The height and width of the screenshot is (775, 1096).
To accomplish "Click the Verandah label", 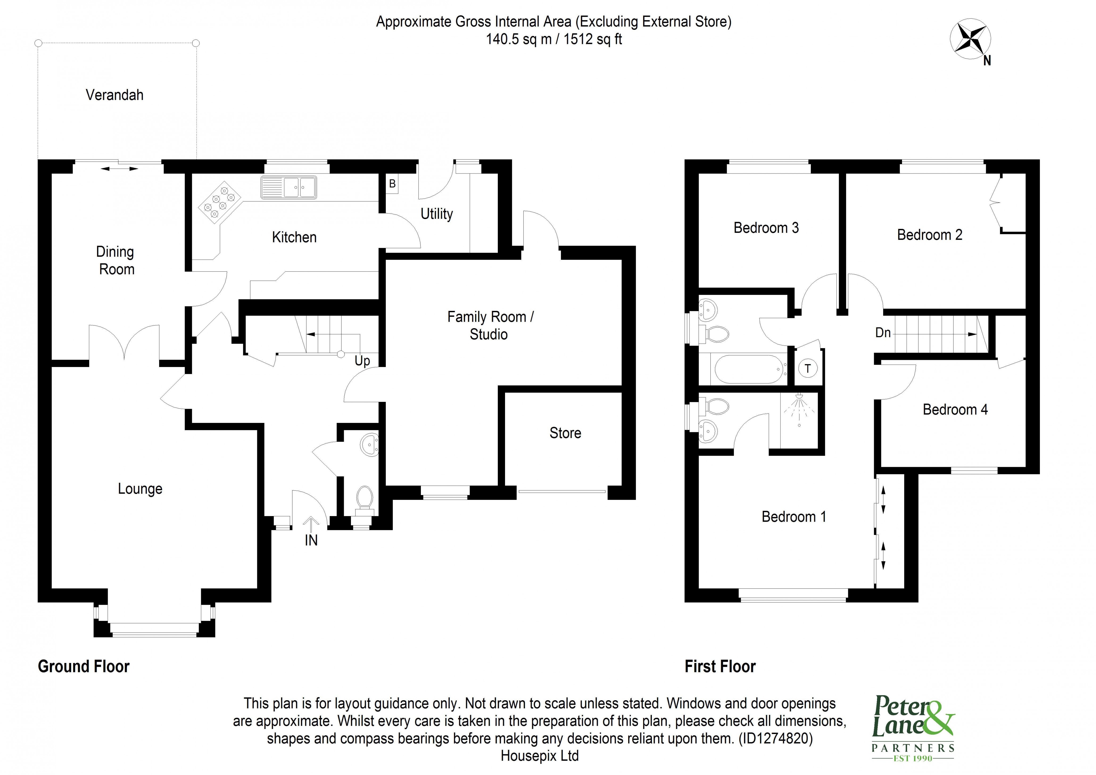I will click(x=115, y=95).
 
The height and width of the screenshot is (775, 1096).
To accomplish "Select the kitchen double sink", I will click(x=288, y=187).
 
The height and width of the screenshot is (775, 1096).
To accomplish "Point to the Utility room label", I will click(x=436, y=214).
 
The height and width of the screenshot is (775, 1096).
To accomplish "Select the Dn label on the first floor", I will click(x=883, y=333).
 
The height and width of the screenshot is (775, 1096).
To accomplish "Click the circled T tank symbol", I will click(x=808, y=369).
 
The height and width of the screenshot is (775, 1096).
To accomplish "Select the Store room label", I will click(x=565, y=433).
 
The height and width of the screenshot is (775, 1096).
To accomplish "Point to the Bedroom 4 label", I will click(x=955, y=410).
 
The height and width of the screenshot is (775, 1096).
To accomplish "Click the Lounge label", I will click(x=140, y=489).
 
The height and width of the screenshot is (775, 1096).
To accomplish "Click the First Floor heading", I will click(x=720, y=667).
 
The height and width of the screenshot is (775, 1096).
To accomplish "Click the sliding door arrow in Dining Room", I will click(x=119, y=168).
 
